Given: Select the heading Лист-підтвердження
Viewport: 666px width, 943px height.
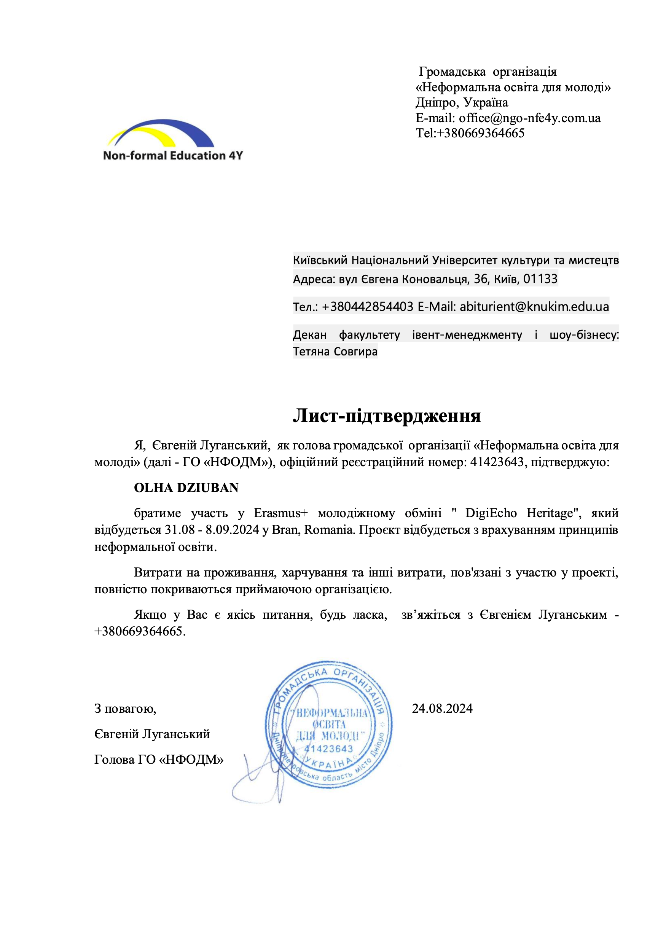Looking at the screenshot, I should coord(386,416).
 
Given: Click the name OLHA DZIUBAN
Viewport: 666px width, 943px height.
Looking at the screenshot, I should coord(186,487).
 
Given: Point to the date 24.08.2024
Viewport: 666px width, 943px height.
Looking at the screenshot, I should coord(442,708).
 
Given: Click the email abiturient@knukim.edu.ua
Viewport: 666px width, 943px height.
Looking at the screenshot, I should coord(534,306).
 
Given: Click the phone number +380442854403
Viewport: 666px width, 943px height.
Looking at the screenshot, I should coord(367,306).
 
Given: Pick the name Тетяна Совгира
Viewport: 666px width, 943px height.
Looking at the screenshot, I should coord(335,352).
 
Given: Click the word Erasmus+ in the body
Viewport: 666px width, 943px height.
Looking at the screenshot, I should coord(280,513).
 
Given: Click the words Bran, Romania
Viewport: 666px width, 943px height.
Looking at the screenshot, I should coord(312,530).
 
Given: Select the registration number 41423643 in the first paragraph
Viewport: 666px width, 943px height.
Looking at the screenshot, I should coord(496,462).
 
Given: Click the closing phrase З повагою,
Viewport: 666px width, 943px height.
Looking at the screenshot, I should coord(125,709).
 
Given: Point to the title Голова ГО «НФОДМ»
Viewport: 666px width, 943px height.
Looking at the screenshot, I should coord(159,760).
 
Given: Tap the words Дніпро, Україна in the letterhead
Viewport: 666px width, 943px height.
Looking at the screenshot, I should coord(461,102).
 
